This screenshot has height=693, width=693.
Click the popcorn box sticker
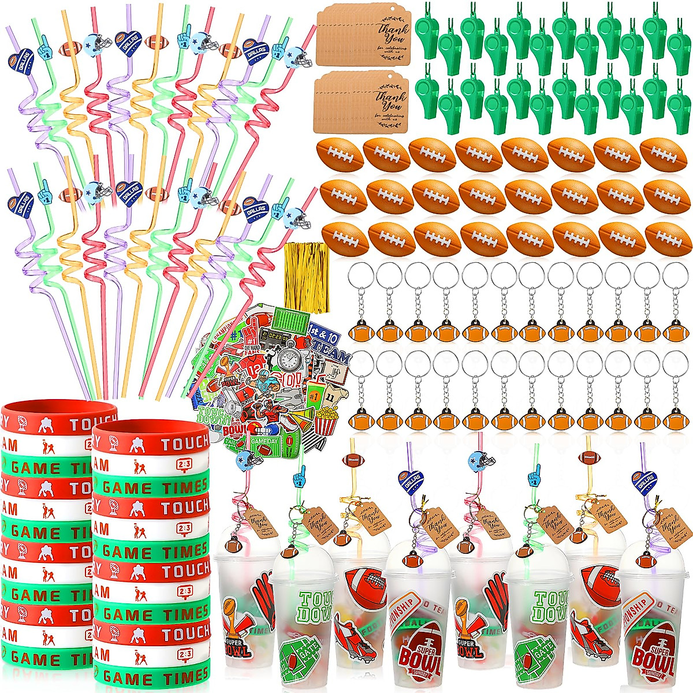pyautogui.click(x=327, y=420)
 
